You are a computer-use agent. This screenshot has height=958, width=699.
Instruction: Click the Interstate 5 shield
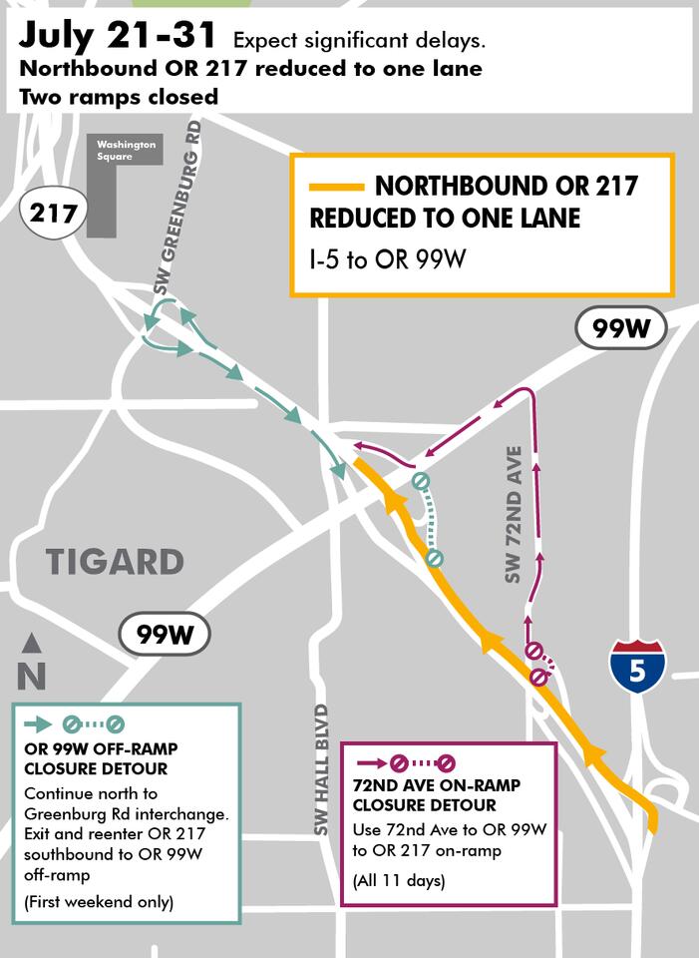point(637,667)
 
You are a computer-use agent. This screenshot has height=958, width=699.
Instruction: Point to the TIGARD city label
point(116,562)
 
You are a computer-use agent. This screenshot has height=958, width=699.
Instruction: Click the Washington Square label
point(126,151)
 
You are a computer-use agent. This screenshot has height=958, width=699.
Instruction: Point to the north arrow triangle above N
point(32,643)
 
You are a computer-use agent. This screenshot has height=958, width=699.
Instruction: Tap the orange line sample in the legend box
point(336,187)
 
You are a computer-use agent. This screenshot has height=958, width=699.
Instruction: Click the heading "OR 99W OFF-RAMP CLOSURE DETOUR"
point(96,758)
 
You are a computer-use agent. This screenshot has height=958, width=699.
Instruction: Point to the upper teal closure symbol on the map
point(422,482)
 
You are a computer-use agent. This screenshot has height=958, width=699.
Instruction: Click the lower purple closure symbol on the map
point(538,678)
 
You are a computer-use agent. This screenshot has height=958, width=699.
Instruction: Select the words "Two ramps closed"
point(118,97)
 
